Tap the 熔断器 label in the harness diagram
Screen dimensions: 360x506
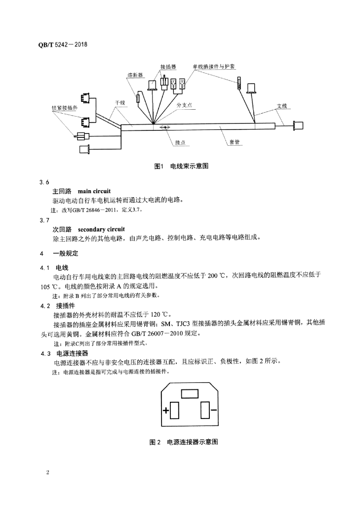[x=135, y=75]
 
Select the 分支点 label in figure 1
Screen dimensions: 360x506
[x=184, y=105]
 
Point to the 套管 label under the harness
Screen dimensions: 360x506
[x=234, y=141]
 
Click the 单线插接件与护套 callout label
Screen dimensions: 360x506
[x=215, y=66]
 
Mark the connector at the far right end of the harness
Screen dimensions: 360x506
[x=299, y=126]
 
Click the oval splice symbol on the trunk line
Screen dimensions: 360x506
[x=165, y=127]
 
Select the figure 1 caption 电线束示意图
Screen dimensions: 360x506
[x=181, y=166]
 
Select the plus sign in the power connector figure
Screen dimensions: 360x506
[x=166, y=410]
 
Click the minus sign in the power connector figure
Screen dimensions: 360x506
[x=213, y=410]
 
